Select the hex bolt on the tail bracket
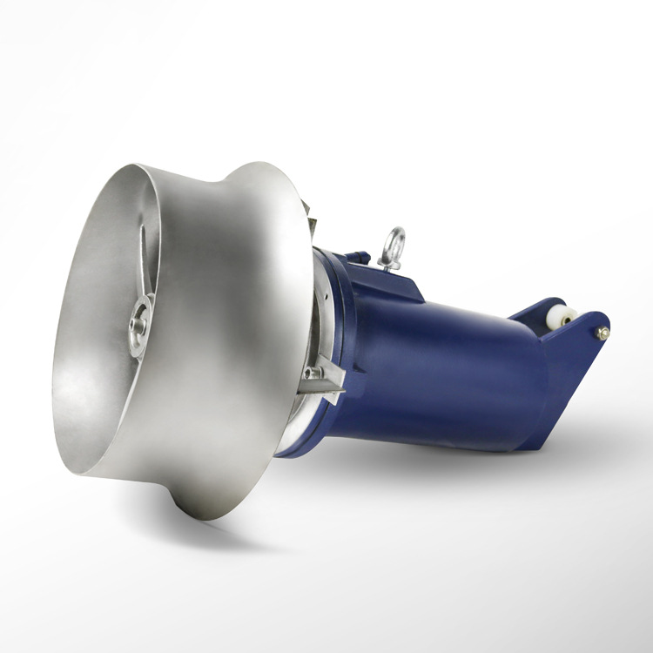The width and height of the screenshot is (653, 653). coord(602,333)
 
